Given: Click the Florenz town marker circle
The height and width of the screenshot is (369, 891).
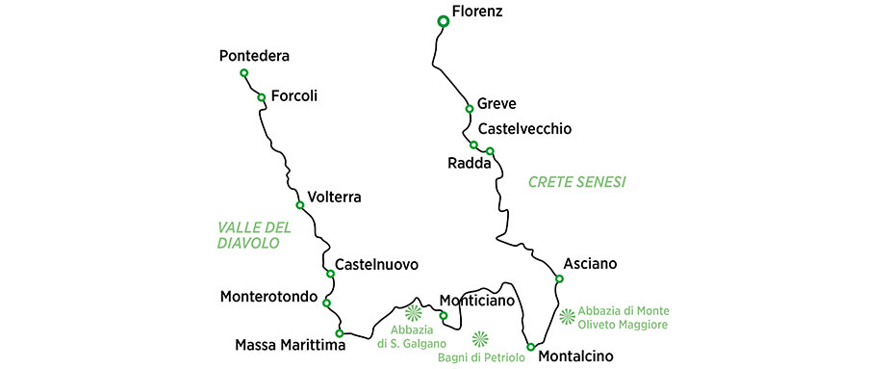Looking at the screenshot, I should tap(443, 21).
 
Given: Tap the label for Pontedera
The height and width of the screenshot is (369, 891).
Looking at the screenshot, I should tap(254, 56).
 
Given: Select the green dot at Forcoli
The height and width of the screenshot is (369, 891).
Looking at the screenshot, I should tap(261, 96).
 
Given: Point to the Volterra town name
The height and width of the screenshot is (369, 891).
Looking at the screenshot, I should tap(334, 198).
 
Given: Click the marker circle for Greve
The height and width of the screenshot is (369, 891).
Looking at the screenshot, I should tap(470, 107).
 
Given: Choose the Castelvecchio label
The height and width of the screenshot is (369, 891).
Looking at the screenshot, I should tap(524, 129).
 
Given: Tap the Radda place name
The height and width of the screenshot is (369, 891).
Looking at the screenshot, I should tap(470, 164).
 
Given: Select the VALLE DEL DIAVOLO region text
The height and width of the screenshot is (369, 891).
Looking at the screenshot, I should tap(254, 235).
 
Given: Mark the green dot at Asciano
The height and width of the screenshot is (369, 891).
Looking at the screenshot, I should tap(559, 279).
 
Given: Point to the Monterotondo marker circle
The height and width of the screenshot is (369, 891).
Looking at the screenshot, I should tap(326, 303).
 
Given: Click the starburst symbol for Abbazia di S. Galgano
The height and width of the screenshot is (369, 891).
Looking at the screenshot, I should tap(414, 312).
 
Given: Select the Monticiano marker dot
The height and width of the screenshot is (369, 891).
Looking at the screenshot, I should tap(443, 315).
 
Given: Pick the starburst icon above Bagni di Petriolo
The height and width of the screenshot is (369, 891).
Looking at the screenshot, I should tap(481, 338).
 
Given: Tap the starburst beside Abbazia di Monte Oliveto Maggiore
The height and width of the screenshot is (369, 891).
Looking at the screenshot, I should tap(567, 315).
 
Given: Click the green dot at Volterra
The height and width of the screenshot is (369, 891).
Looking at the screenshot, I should tap(300, 205).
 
